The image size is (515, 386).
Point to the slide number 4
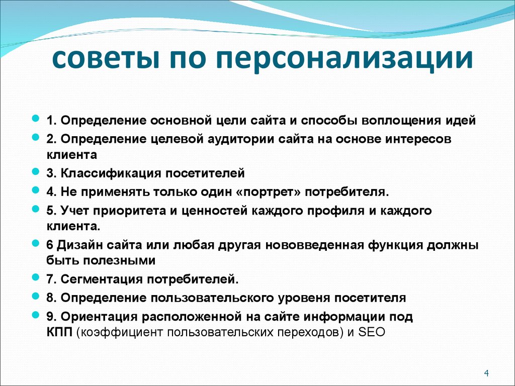pyautogui.click(x=486, y=373)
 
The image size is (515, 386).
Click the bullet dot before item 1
pyautogui.click(x=36, y=117)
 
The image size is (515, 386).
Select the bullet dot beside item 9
pyautogui.click(x=36, y=315)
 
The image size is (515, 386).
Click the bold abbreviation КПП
pyautogui.click(x=59, y=332)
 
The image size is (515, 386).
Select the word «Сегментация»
pyautogui.click(x=102, y=279)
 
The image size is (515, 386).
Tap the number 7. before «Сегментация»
pyautogui.click(x=52, y=279)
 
